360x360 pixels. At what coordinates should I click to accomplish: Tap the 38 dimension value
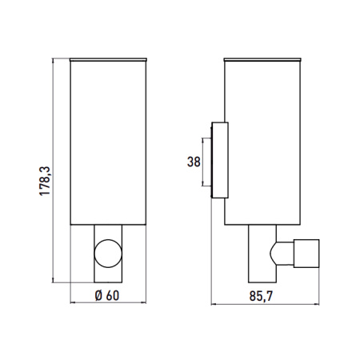(194, 162)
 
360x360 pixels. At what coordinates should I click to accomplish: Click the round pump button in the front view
(106, 252)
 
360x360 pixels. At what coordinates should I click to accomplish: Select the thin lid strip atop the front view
(107, 59)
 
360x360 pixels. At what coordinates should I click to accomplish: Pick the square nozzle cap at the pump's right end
(307, 252)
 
